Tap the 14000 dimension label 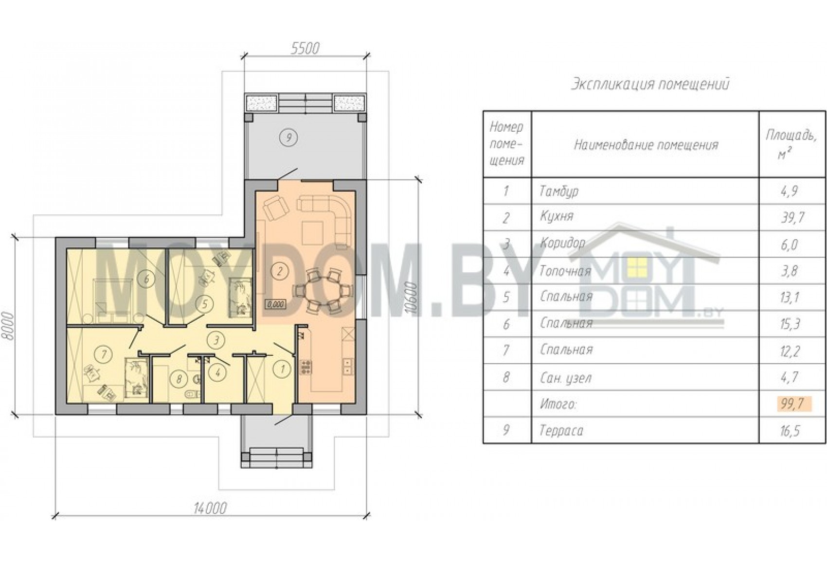coord(210,509)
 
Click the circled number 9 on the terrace coord(289,138)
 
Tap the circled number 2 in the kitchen coord(279,272)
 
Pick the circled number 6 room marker coord(146,279)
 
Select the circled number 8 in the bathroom coord(180,379)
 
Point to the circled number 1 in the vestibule coord(283,369)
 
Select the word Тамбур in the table coord(558,192)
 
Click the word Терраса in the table coord(561,431)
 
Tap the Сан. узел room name coord(566,377)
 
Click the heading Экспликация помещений coord(650,85)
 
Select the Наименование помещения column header coord(646,145)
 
